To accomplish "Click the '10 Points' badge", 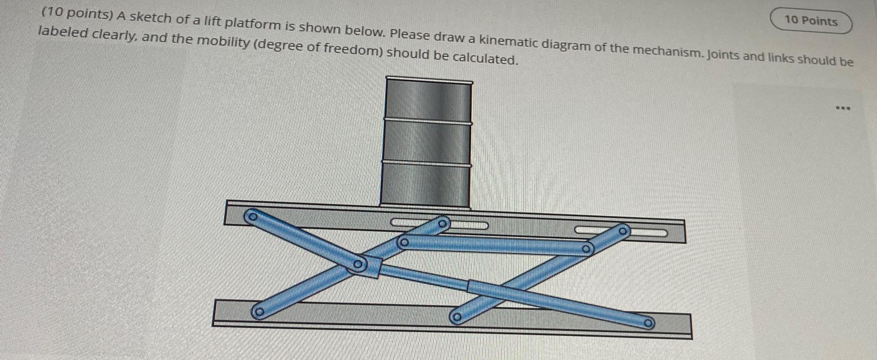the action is click(811, 21).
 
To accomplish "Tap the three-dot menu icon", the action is click(842, 108).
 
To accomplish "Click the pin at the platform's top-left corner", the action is click(250, 216).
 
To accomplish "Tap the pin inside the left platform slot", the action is click(442, 223).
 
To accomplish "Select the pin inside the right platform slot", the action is click(622, 231).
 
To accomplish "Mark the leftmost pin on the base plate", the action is click(259, 313).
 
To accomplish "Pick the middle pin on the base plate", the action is click(457, 317).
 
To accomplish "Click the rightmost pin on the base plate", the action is click(648, 323).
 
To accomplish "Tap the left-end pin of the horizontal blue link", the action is click(404, 242).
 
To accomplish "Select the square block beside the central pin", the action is click(373, 267).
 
